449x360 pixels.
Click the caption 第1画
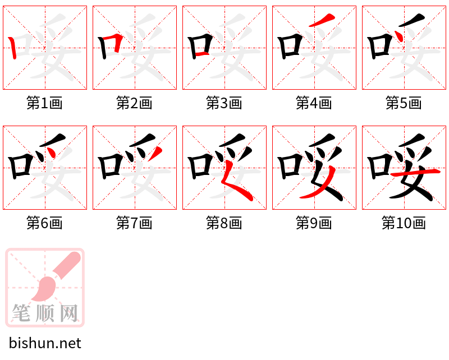[44, 103]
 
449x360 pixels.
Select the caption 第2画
[134, 103]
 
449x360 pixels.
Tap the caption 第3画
[224, 103]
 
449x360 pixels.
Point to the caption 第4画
[314, 103]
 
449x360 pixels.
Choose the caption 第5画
[404, 103]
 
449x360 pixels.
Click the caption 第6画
[44, 224]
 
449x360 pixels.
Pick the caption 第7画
[134, 224]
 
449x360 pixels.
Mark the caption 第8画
[224, 224]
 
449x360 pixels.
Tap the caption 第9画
[314, 224]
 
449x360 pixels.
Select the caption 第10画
[404, 224]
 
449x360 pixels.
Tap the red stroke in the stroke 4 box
[320, 21]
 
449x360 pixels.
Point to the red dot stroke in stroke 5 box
[399, 37]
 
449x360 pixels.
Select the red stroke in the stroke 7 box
[158, 152]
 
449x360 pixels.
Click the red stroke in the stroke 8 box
[235, 185]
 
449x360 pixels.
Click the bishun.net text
[45, 343]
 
